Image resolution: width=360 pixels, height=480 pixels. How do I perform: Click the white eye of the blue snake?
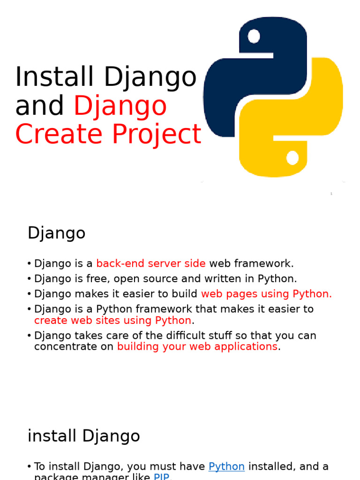[x=254, y=36]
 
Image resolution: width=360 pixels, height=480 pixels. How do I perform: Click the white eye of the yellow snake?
[x=292, y=157]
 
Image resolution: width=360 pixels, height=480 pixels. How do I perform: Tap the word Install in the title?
[x=57, y=77]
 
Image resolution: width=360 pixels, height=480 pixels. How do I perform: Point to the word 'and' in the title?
[x=39, y=106]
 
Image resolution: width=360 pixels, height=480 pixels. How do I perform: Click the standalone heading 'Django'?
[x=56, y=233]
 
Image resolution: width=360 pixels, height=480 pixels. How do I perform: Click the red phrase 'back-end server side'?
[x=151, y=263]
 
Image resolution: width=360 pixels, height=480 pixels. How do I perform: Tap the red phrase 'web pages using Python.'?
[x=266, y=294]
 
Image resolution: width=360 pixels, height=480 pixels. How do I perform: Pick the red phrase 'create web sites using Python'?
[x=112, y=321]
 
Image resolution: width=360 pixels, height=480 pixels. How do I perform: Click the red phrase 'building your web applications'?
[x=197, y=346]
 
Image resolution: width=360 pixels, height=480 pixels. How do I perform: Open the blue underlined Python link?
[x=226, y=466]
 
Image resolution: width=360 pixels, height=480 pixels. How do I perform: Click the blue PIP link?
[x=161, y=477]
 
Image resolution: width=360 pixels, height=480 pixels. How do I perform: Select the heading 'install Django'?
[x=83, y=436]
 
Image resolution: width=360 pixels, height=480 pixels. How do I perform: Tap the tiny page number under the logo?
[x=331, y=194]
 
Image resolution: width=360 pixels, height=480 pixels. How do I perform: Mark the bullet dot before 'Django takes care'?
[x=30, y=336]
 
